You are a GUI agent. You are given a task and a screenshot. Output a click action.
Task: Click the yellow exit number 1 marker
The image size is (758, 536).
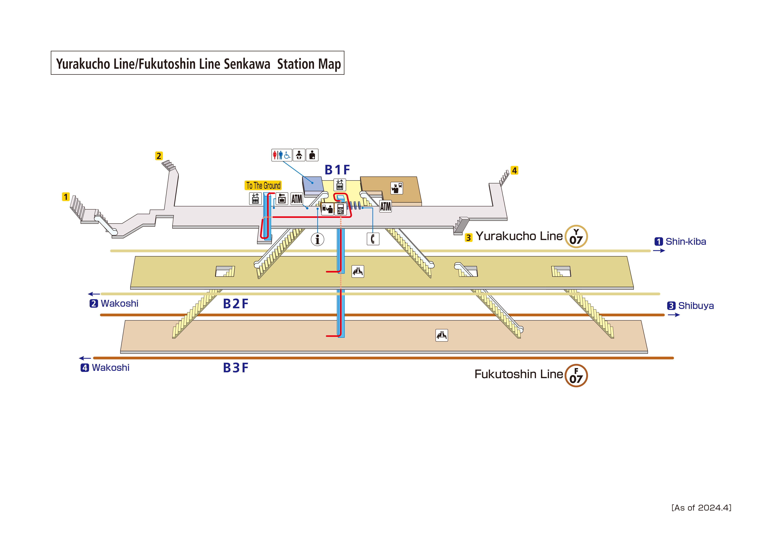point(66,197)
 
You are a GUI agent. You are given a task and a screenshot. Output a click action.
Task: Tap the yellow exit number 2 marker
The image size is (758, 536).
point(159,156)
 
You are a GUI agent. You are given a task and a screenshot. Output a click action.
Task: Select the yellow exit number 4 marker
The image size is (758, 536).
point(514,170)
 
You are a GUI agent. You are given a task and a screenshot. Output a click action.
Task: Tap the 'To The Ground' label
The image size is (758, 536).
point(263,186)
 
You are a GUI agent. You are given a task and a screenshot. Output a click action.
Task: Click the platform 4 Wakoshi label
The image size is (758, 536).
point(105,368)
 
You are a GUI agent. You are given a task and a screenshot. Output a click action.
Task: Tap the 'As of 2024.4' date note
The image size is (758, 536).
point(701,508)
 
